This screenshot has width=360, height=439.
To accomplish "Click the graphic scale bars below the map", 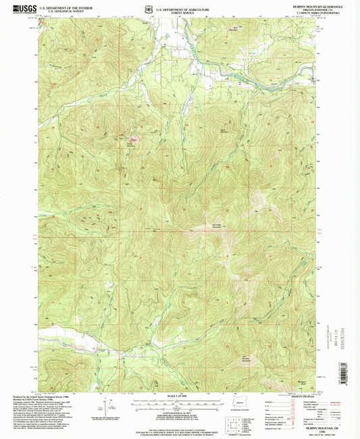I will click(179, 403).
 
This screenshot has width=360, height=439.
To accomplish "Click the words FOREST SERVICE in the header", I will click(180, 10).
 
